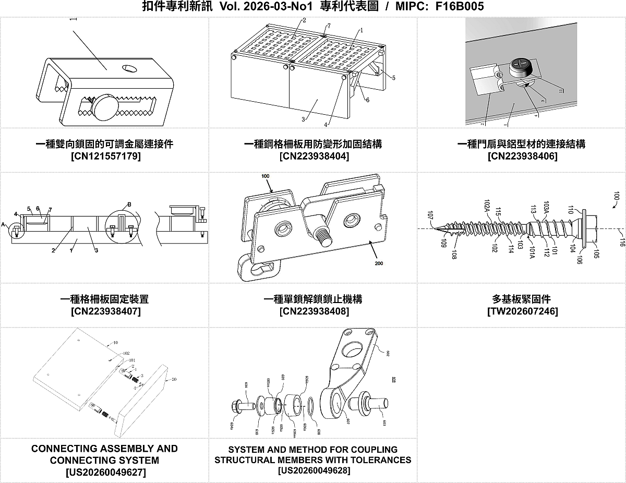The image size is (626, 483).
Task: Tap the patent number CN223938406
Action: tap(522, 156)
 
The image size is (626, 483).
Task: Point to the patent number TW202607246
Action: tap(522, 311)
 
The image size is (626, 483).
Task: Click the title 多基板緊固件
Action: tap(522, 299)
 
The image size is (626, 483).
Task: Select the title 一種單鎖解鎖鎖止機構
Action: tap(313, 299)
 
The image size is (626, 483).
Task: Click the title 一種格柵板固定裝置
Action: tap(104, 299)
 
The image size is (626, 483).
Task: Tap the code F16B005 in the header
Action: tap(459, 6)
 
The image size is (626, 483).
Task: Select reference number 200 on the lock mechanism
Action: tap(379, 263)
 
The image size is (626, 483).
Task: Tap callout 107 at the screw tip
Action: tap(430, 214)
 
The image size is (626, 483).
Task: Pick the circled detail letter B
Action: tap(129, 203)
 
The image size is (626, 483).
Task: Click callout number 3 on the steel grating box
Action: tap(303, 119)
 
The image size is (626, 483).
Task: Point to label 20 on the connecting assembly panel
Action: tap(174, 379)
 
